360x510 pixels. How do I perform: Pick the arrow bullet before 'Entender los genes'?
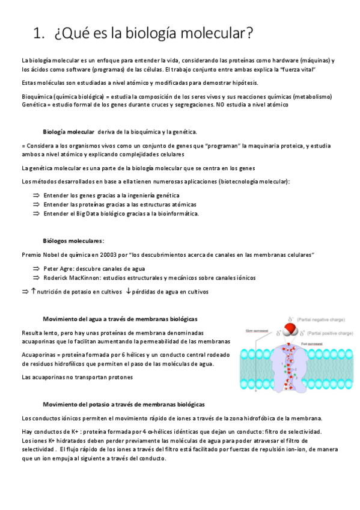point(35,195)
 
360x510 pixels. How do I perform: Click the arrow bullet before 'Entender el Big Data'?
point(35,213)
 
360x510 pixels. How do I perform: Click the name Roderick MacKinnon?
point(72,278)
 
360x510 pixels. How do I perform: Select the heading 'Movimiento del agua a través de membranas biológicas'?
point(120,318)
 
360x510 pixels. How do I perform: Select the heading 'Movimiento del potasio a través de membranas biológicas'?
point(124,404)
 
